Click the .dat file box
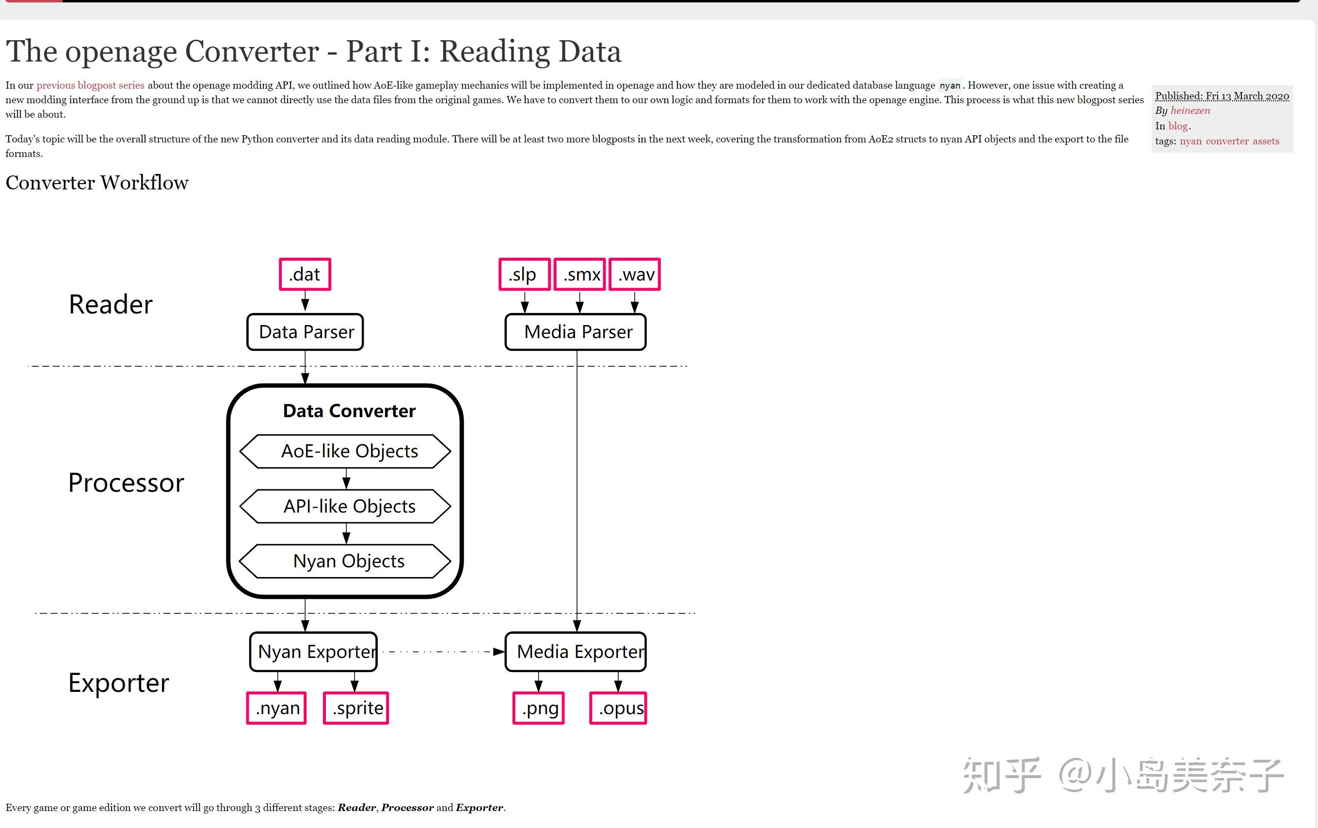pos(305,274)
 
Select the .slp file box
pos(524,274)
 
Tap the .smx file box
pos(579,274)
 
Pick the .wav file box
pos(635,274)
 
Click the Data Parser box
pos(305,332)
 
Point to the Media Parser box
pos(576,332)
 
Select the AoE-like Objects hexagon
pos(345,451)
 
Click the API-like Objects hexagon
pos(345,506)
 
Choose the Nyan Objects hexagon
pos(345,561)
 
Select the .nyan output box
pos(276,708)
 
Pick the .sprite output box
pos(356,708)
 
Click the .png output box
pos(539,708)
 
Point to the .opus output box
pos(618,708)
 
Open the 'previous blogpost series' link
pos(90,85)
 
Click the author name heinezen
pos(1190,110)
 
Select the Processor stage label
pos(126,483)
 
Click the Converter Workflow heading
pos(97,183)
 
